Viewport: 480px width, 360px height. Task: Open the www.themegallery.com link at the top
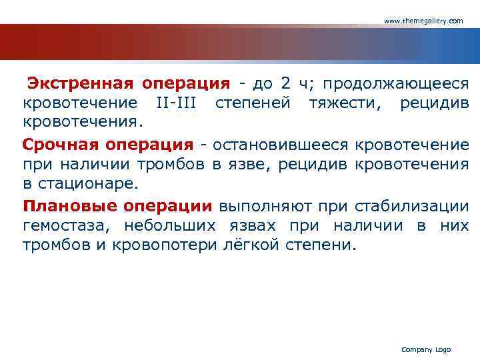pyautogui.click(x=423, y=21)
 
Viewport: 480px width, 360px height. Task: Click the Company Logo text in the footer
pyautogui.click(x=426, y=349)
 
